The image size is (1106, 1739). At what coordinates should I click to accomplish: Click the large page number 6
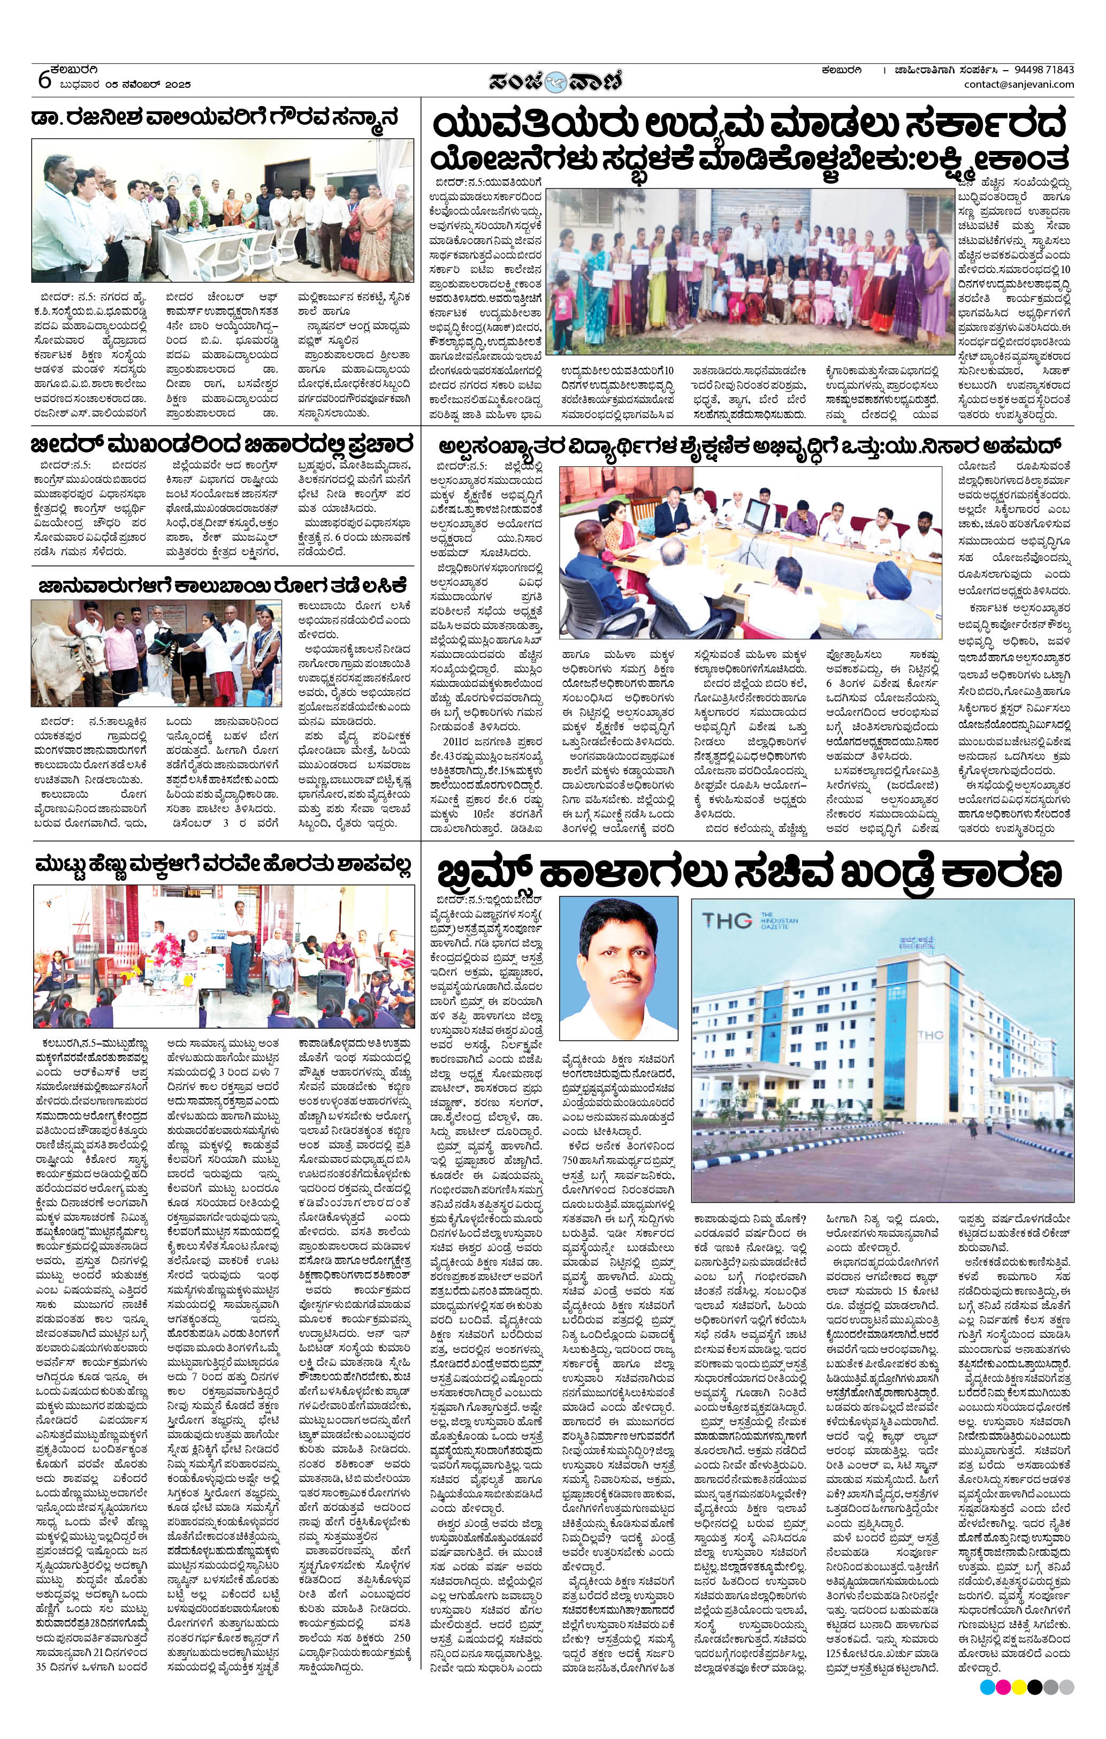44,79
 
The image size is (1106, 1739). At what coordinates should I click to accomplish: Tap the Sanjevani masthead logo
554,79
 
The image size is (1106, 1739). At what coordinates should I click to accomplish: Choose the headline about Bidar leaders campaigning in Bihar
223,442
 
